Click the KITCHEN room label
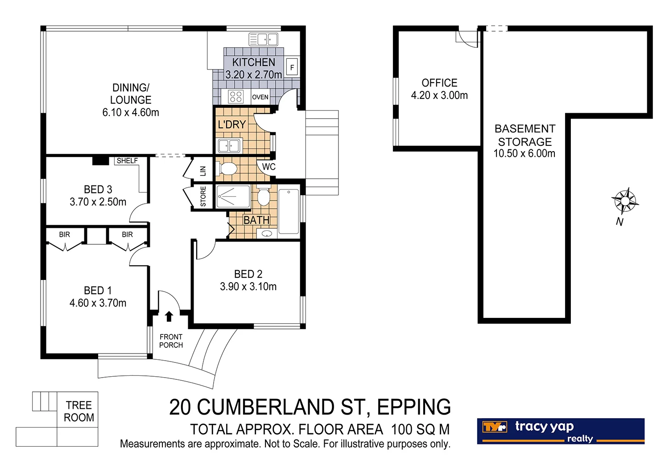pos(253,62)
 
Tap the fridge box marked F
pos(292,68)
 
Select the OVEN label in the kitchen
pos(260,97)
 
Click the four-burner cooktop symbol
pos(235,97)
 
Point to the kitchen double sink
pos(263,40)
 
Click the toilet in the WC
pos(227,169)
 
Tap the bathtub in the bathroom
pos(289,211)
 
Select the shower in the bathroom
pos(233,197)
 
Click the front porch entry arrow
pos(169,317)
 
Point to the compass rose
pos(625,201)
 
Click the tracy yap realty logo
pos(561,431)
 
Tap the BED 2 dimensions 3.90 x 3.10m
pos(248,287)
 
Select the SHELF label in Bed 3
pos(127,161)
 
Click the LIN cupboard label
pos(203,170)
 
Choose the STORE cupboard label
pos(203,197)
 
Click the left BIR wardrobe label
pos(64,234)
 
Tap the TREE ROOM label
pos(79,411)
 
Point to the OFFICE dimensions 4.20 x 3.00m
pos(439,95)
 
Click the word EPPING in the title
pos(413,407)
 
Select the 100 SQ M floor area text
pos(420,430)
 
